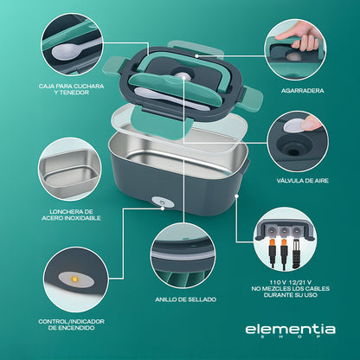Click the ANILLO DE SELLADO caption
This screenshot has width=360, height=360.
coord(185,299)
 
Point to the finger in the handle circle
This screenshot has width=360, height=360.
coord(304,41)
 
